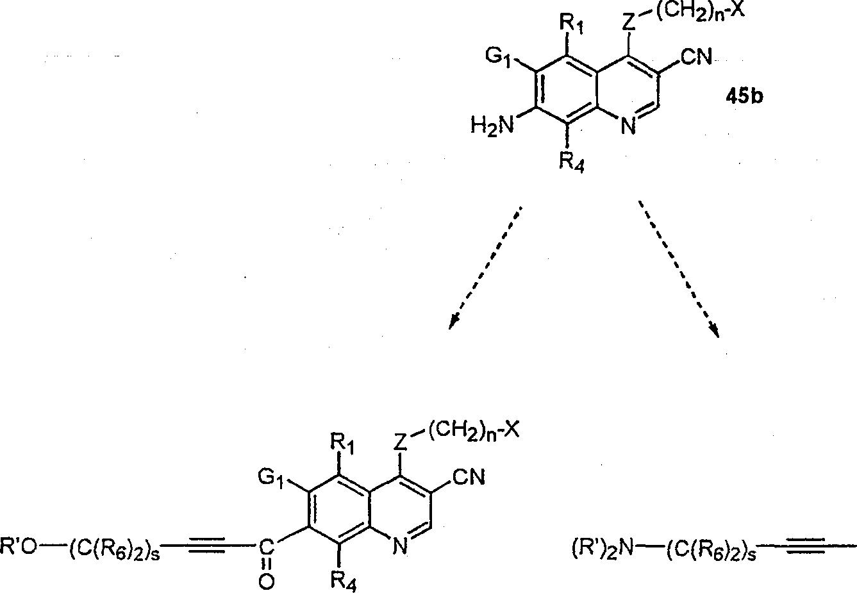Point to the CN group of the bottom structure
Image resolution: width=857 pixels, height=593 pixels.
(469, 478)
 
